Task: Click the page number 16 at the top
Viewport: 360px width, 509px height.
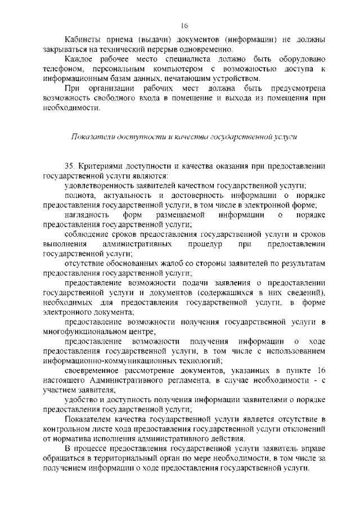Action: click(183, 25)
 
